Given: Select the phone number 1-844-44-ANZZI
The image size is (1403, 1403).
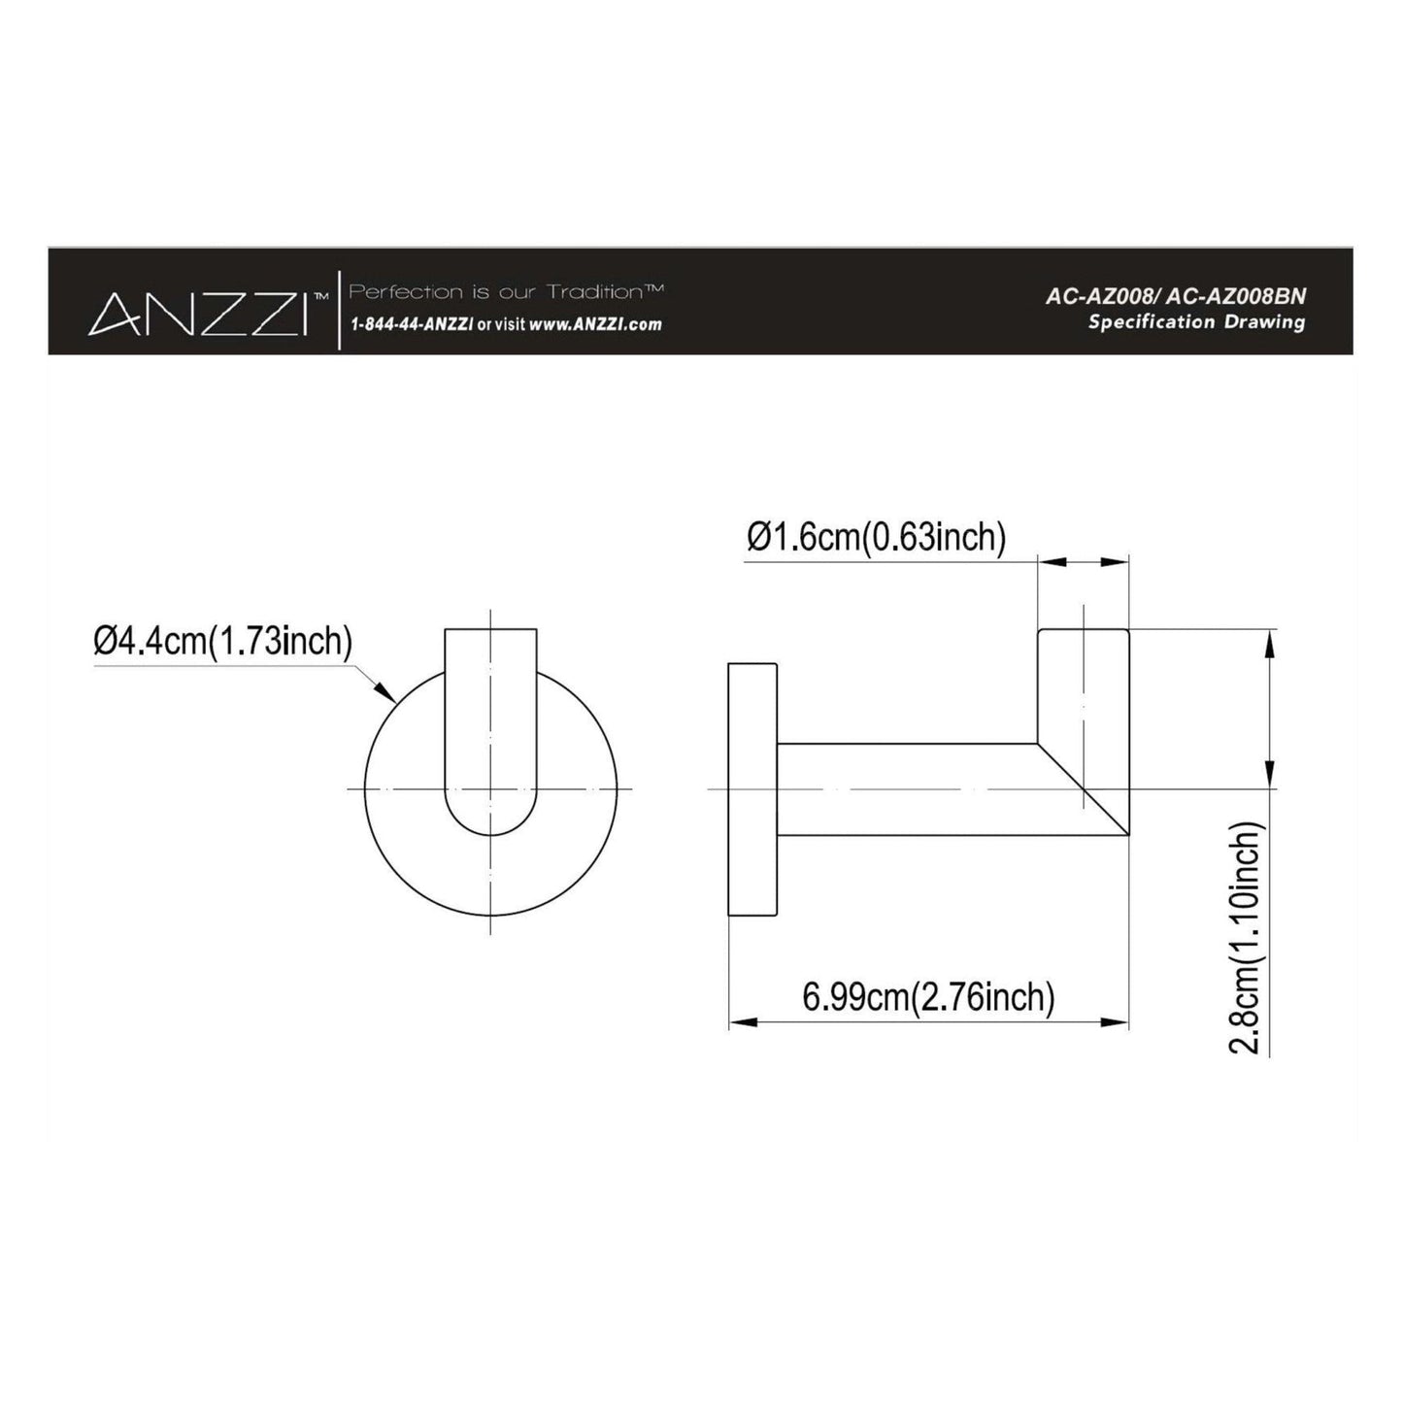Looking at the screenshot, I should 411,325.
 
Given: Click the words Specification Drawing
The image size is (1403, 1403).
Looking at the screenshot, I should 1195,322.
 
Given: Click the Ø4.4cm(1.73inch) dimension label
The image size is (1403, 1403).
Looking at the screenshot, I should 222,641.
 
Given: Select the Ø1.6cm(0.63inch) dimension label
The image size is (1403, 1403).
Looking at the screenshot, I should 876,537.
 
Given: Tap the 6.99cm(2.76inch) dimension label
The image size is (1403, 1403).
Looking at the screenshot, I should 928,996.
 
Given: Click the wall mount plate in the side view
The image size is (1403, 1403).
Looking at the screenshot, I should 752,788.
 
